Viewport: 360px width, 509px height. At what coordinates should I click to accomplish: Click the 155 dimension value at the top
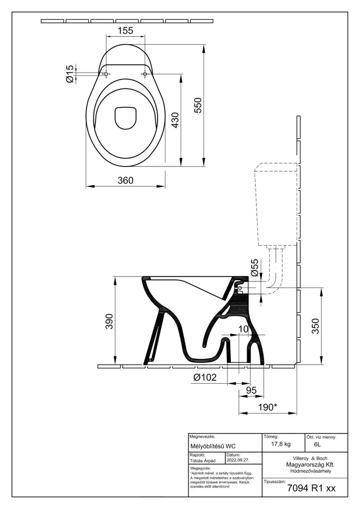pyautogui.click(x=125, y=30)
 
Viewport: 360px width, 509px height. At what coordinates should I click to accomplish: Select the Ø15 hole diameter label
pyautogui.click(x=70, y=74)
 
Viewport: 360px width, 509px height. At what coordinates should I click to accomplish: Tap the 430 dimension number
pyautogui.click(x=175, y=120)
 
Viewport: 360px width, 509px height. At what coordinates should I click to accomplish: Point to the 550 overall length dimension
pyautogui.click(x=198, y=105)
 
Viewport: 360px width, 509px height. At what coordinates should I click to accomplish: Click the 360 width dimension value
pyautogui.click(x=126, y=180)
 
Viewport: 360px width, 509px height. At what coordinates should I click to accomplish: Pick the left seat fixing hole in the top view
pyautogui.click(x=106, y=75)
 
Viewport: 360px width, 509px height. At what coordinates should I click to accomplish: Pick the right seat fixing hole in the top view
pyautogui.click(x=145, y=75)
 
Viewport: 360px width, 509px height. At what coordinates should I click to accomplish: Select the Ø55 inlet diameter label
pyautogui.click(x=255, y=267)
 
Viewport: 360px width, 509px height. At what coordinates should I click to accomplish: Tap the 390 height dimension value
pyautogui.click(x=109, y=322)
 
